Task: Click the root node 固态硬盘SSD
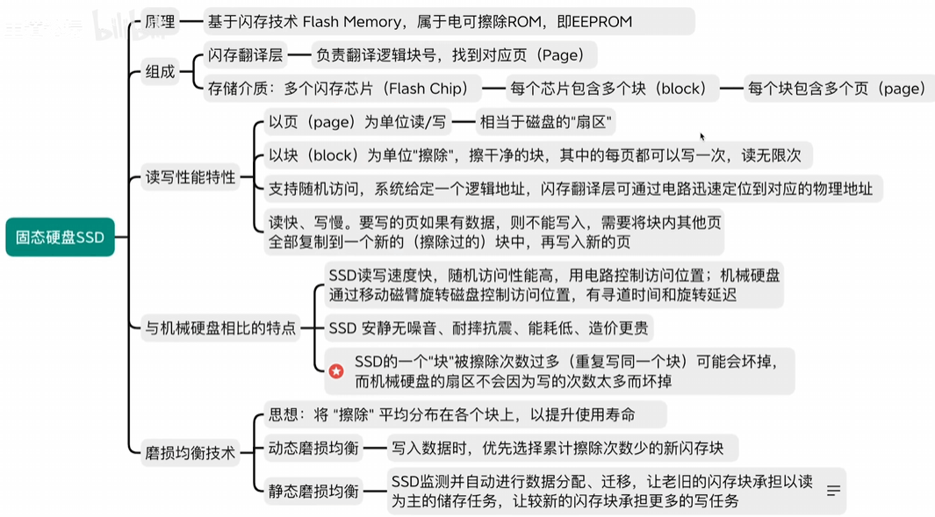[x=60, y=237]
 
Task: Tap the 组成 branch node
[x=159, y=72]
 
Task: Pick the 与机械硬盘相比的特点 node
[x=221, y=329]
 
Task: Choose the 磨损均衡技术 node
[x=191, y=453]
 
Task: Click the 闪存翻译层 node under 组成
[x=245, y=55]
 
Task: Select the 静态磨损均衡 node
[x=313, y=492]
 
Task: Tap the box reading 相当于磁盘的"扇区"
[x=545, y=121]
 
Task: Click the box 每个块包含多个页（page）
[x=836, y=88]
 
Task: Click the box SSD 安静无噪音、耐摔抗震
[x=490, y=329]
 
